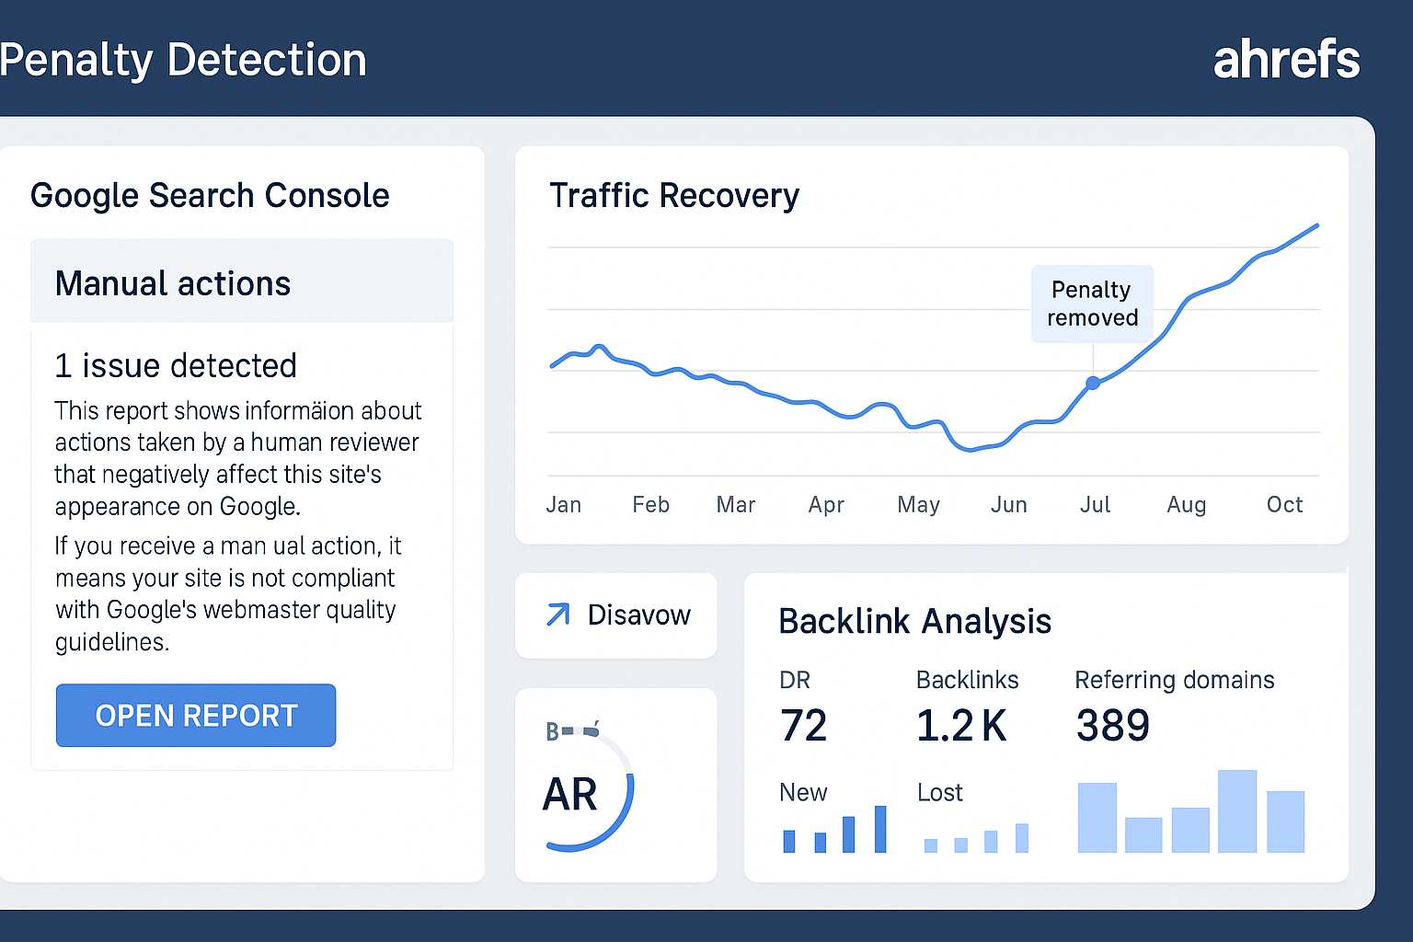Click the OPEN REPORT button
click(196, 715)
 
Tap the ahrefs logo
click(1285, 60)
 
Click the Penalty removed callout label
click(1092, 304)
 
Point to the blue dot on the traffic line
click(1093, 383)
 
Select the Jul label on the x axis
click(1095, 504)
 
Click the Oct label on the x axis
click(1284, 504)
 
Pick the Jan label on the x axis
click(563, 504)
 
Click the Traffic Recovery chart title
click(673, 195)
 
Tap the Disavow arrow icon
click(557, 615)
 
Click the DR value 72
click(803, 725)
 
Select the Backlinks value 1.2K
click(961, 725)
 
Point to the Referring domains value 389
click(1112, 725)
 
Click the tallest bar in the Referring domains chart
click(1236, 810)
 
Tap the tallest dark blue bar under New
click(880, 829)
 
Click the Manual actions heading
click(173, 283)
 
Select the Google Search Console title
click(210, 195)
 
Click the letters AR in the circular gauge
click(570, 794)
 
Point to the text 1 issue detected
click(176, 365)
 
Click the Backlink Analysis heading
click(914, 621)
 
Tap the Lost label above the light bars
click(939, 792)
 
